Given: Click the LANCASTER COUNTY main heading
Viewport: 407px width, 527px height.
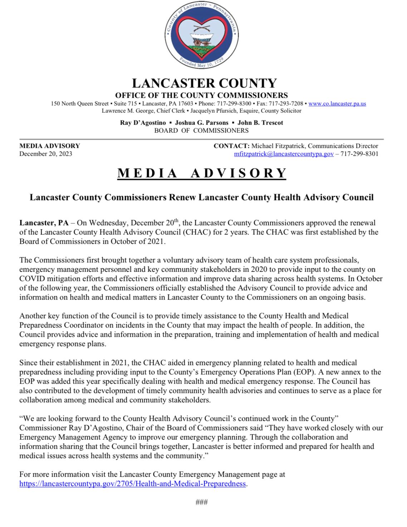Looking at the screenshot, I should click(x=204, y=83).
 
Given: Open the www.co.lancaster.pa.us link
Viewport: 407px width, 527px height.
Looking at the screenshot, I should click(x=337, y=104).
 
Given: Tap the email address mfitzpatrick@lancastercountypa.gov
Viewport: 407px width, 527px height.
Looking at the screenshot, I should click(x=284, y=154).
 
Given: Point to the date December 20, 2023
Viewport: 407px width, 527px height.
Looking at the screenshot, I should click(x=46, y=154).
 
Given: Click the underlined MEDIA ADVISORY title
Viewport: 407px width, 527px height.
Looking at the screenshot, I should click(x=202, y=173).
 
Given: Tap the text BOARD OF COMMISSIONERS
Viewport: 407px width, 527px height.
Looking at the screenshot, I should click(x=201, y=131).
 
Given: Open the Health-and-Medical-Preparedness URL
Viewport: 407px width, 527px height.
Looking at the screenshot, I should click(x=133, y=484).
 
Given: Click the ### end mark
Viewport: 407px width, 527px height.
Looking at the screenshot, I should click(x=202, y=502).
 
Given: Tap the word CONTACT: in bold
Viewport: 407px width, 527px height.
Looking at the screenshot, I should click(x=231, y=146).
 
